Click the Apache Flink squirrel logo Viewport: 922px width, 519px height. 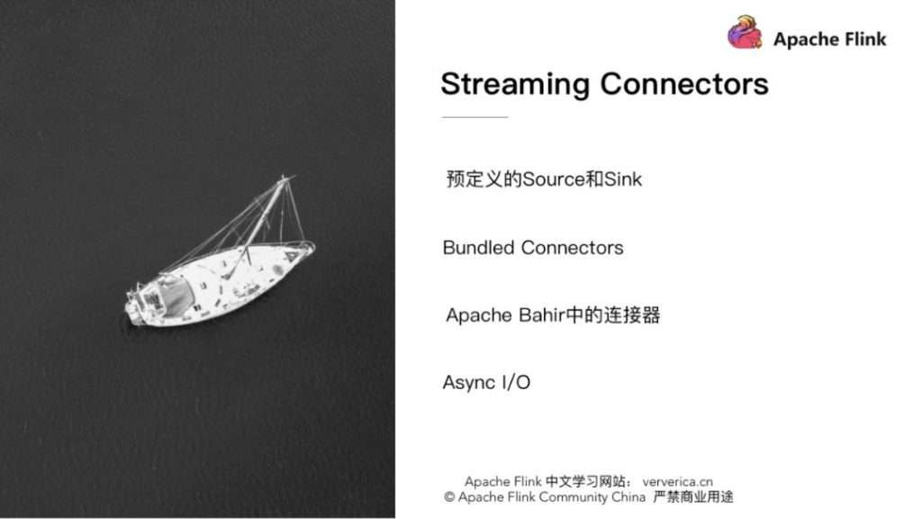[x=745, y=33]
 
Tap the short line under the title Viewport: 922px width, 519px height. [x=475, y=117]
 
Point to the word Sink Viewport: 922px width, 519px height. [x=623, y=178]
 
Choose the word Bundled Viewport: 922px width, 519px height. [x=478, y=247]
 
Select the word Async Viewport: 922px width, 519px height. [x=468, y=382]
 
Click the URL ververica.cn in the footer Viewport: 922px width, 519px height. [x=677, y=481]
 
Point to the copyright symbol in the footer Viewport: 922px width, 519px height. [x=449, y=497]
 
